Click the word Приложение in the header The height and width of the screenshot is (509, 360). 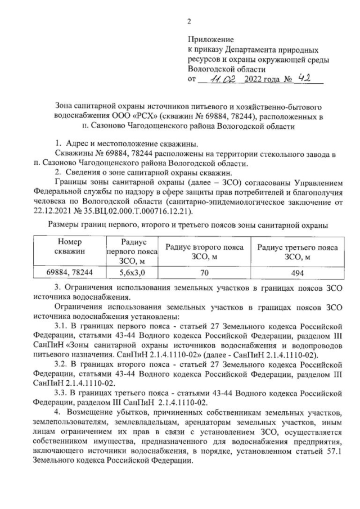pyautogui.click(x=210, y=40)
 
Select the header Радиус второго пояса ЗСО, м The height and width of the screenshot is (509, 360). pyautogui.click(x=204, y=251)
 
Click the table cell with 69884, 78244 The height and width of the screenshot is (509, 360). pyautogui.click(x=69, y=273)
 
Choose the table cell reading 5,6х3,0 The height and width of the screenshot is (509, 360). pyautogui.click(x=131, y=273)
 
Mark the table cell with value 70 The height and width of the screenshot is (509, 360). pyautogui.click(x=204, y=273)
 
